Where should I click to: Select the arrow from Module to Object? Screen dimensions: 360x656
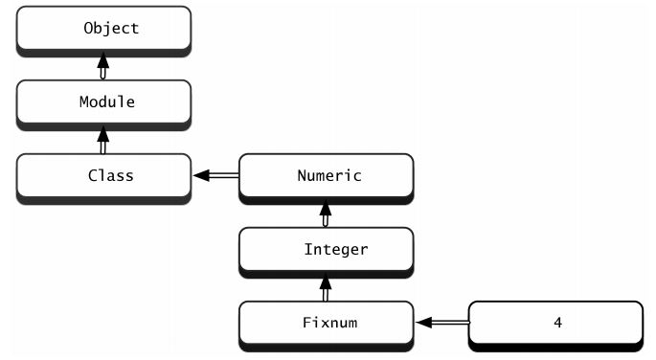pos(102,66)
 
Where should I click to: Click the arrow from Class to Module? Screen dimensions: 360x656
pos(102,141)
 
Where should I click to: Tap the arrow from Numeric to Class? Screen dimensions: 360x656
pos(215,176)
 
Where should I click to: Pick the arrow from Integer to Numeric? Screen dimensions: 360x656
pos(326,214)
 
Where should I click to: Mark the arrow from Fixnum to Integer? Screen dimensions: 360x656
pos(326,287)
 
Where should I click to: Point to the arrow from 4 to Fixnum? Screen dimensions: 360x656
pos(441,324)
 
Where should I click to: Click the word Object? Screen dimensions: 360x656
pos(111,28)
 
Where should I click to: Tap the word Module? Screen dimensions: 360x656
pos(106,101)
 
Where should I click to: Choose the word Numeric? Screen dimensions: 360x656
pos(328,175)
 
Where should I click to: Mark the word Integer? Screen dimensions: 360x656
pos(335,249)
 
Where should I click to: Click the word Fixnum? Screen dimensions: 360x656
pos(328,323)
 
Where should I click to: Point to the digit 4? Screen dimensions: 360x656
pos(557,323)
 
